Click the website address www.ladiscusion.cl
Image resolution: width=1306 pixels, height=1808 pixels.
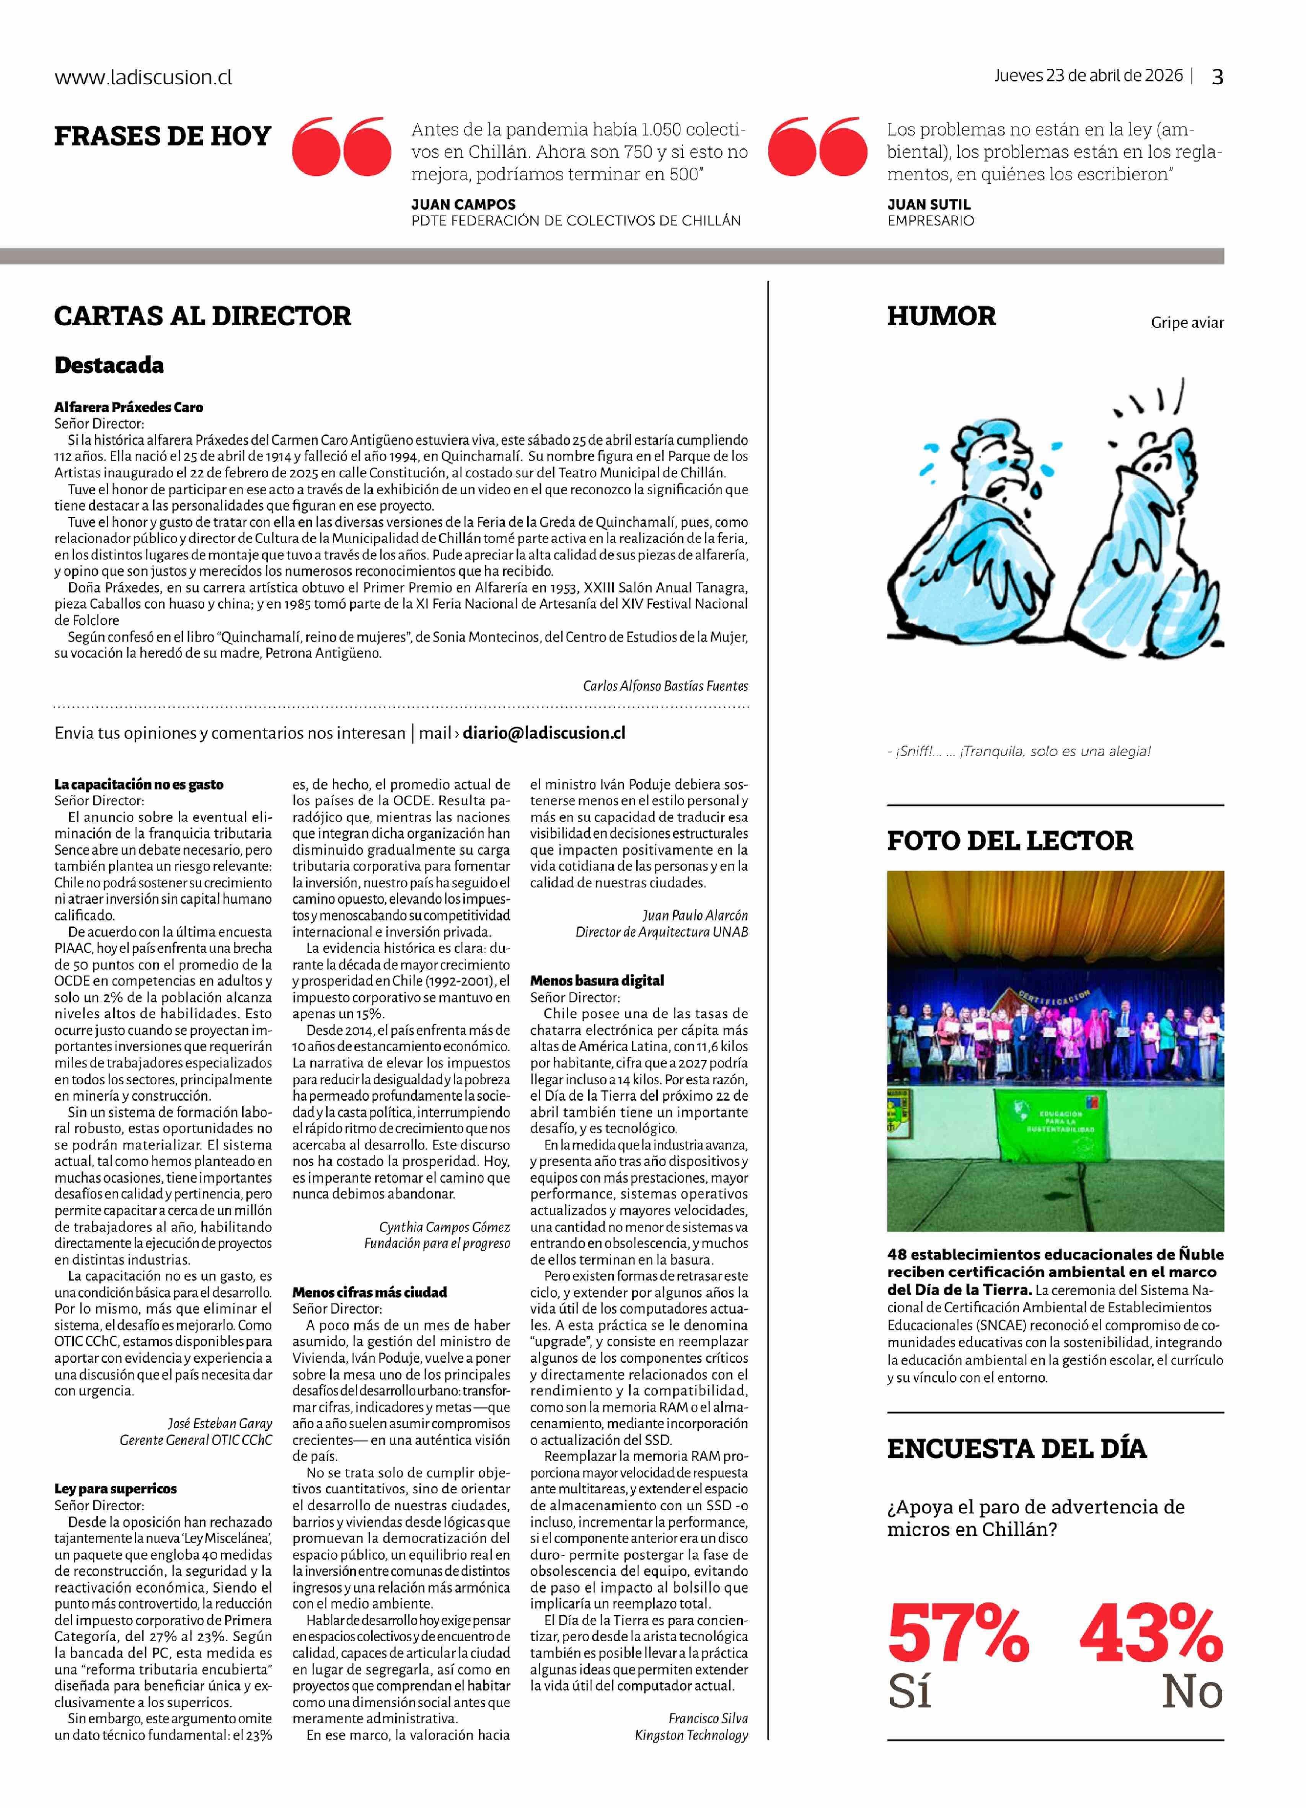[x=143, y=77]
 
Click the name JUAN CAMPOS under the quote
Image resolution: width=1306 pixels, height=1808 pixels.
[x=463, y=204]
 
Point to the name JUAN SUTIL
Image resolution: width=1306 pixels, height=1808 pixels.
[x=928, y=204]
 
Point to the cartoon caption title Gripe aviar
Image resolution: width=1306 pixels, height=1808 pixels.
[x=1187, y=323]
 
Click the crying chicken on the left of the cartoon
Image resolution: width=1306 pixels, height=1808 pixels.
[x=976, y=518]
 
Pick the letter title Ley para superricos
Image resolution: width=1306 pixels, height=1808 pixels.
[x=116, y=1488]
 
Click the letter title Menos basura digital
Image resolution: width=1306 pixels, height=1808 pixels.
[x=597, y=981]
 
